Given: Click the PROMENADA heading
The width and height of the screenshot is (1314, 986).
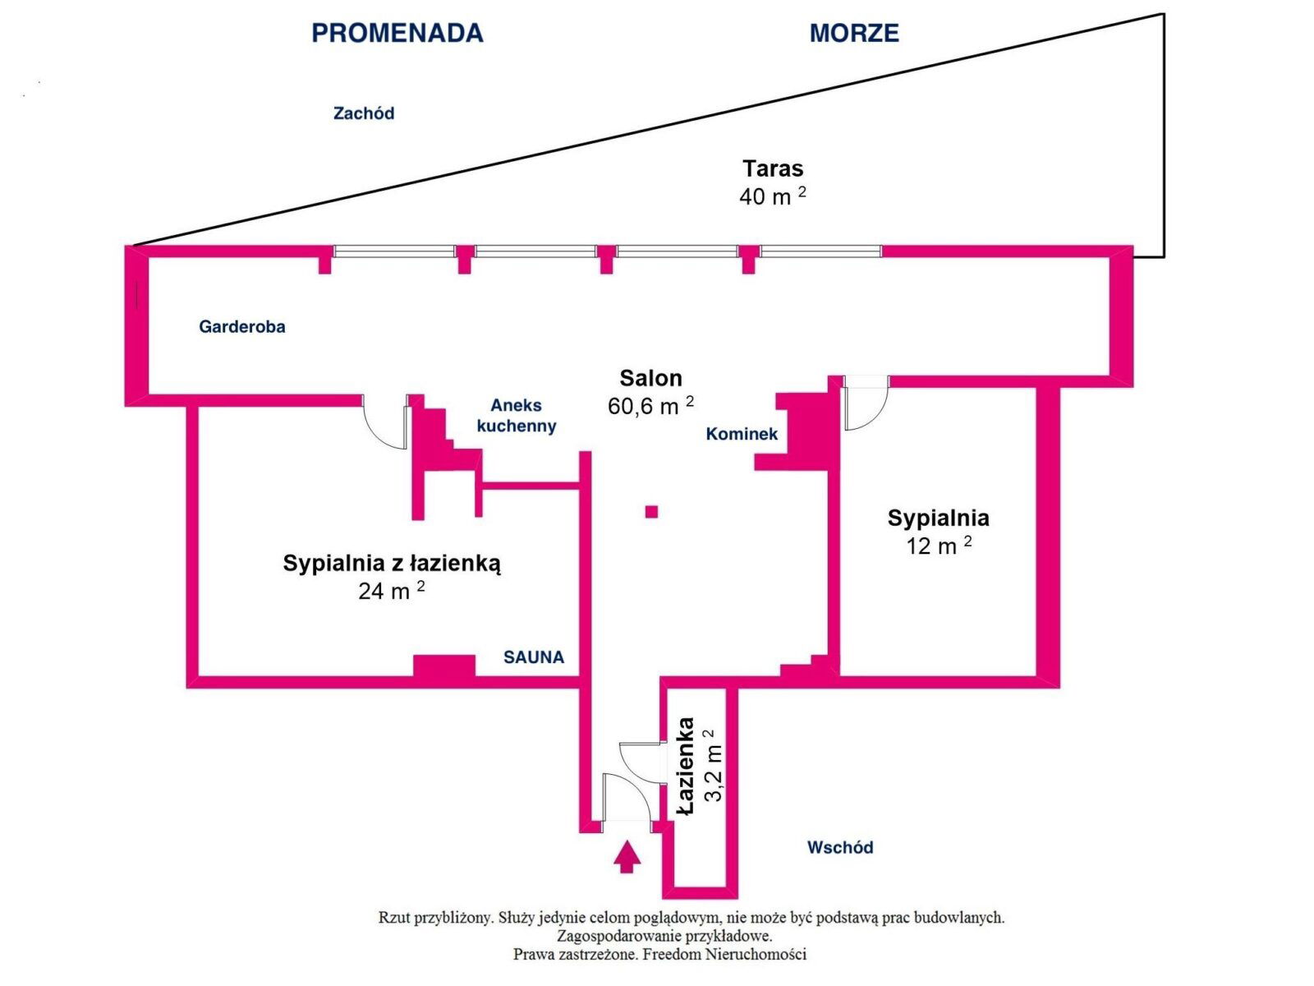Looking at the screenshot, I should [x=397, y=33].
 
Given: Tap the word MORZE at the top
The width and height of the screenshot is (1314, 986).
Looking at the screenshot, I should [x=854, y=33].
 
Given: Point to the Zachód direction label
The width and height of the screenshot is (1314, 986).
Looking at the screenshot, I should [x=363, y=113].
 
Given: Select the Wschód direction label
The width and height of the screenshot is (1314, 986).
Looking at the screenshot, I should [x=839, y=847].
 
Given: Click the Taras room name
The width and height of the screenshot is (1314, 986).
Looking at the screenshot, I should [x=773, y=168].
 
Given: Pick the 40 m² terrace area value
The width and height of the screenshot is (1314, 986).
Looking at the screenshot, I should [x=772, y=196].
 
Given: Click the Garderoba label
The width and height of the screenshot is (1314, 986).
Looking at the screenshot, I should [x=242, y=326].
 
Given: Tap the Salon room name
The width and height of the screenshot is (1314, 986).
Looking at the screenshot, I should [x=650, y=378].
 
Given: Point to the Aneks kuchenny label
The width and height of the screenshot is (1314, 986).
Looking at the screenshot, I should [x=517, y=415].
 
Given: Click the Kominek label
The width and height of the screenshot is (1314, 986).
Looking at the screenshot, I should [x=742, y=434].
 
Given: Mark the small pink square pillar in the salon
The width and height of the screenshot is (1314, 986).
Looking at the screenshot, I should [x=651, y=512].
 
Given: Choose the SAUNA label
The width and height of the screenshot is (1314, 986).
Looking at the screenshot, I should [x=534, y=657].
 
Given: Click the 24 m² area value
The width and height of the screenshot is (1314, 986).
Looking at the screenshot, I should [x=391, y=591].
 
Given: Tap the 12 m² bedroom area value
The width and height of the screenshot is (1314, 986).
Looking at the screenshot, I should [x=939, y=546].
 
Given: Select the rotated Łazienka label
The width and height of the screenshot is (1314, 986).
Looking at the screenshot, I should [x=685, y=767].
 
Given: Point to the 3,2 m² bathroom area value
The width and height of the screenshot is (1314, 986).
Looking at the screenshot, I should [x=712, y=765].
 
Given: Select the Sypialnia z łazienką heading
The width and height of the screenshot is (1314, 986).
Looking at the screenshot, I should [x=392, y=563].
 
